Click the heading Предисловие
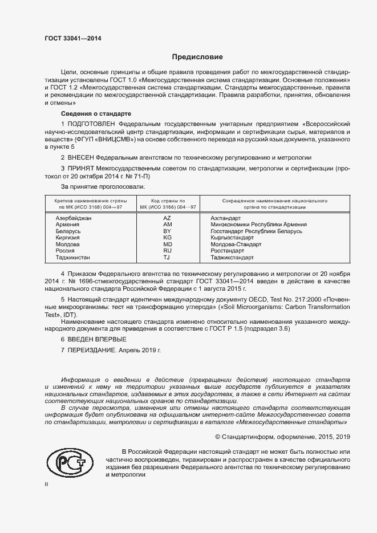point(197,57)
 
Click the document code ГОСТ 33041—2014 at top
point(73,38)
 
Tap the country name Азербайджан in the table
point(73,218)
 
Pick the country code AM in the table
point(167,225)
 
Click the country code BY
point(167,231)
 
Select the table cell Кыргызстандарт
point(232,238)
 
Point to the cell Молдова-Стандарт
point(236,244)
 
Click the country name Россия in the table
point(64,251)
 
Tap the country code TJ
point(167,257)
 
